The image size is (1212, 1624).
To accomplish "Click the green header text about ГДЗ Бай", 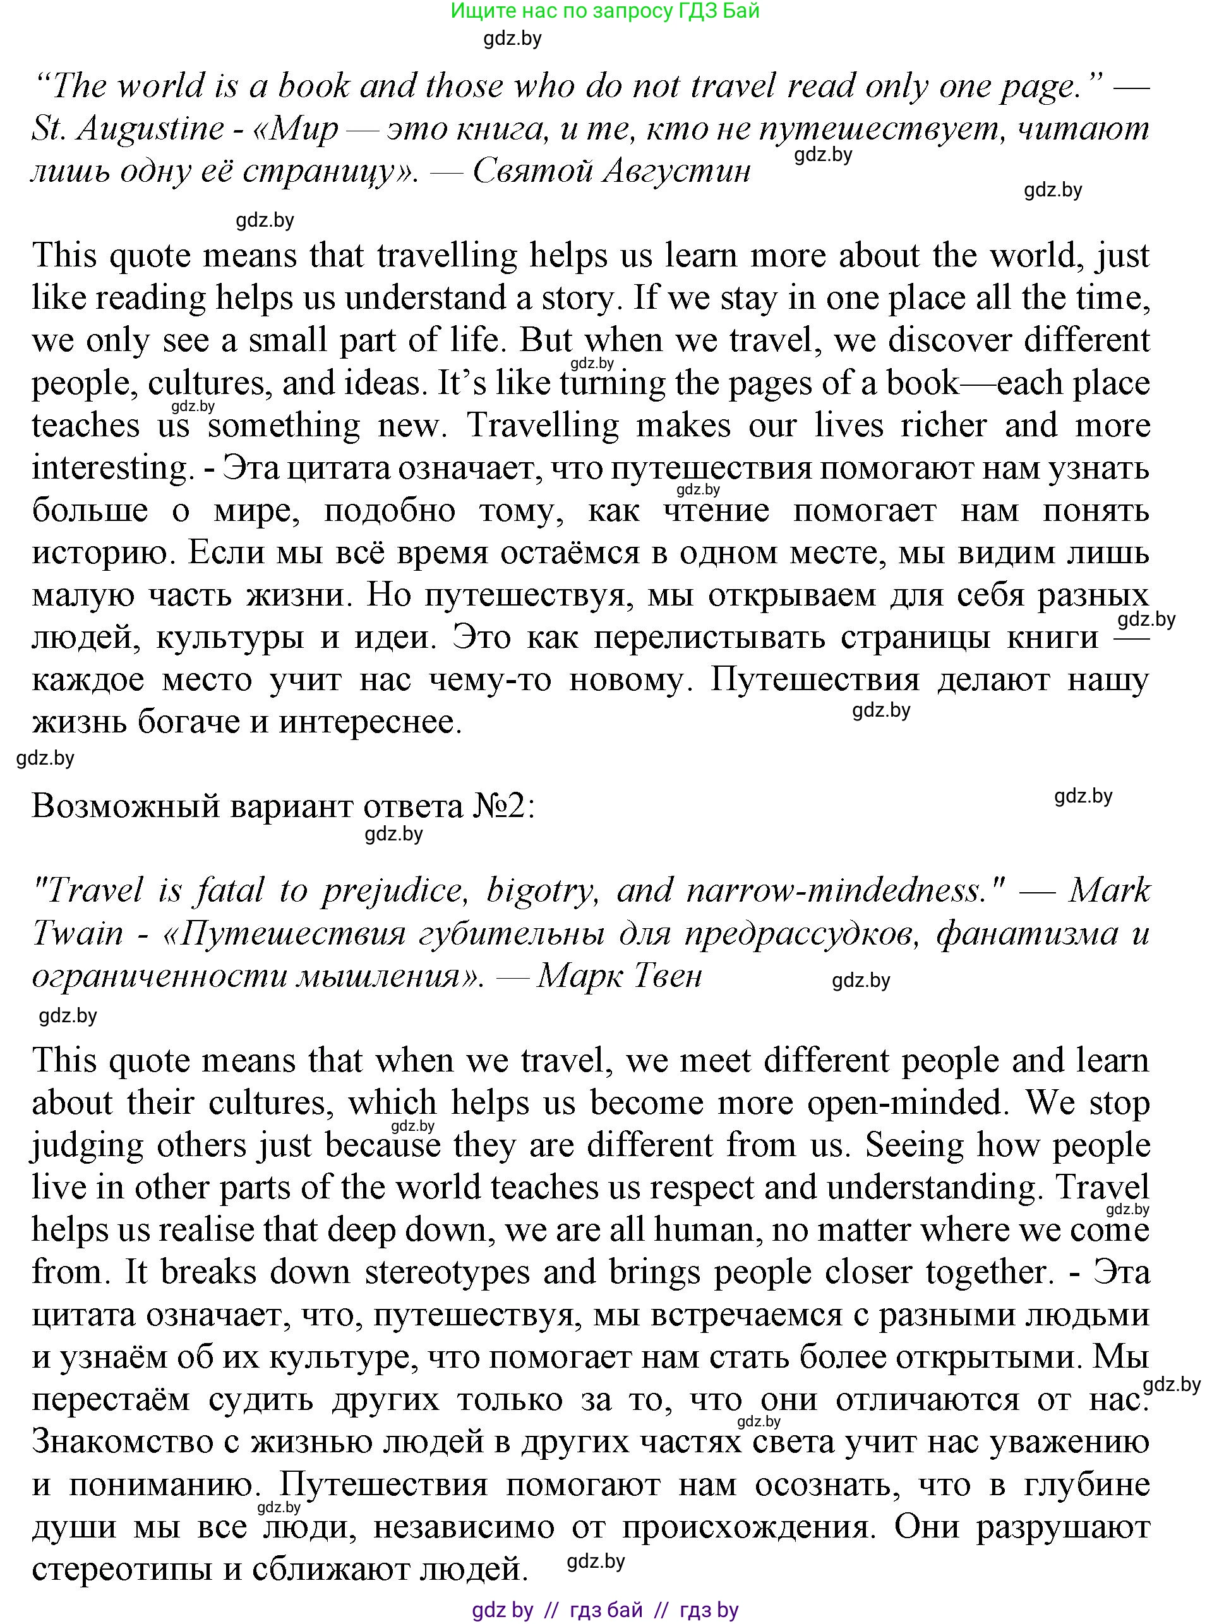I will tap(604, 11).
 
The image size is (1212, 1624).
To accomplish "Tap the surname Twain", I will tap(78, 933).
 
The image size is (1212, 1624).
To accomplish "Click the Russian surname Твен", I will tap(666, 976).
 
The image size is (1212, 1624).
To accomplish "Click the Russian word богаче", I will tap(188, 722).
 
